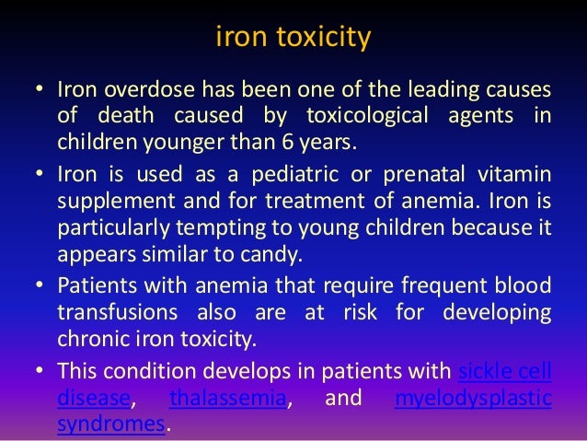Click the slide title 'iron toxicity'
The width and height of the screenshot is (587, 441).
click(x=293, y=40)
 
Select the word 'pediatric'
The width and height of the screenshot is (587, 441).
click(x=269, y=175)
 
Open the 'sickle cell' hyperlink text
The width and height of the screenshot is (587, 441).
click(x=504, y=372)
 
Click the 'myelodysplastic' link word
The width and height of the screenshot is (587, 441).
click(x=473, y=399)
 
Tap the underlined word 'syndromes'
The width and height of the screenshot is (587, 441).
click(x=110, y=424)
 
